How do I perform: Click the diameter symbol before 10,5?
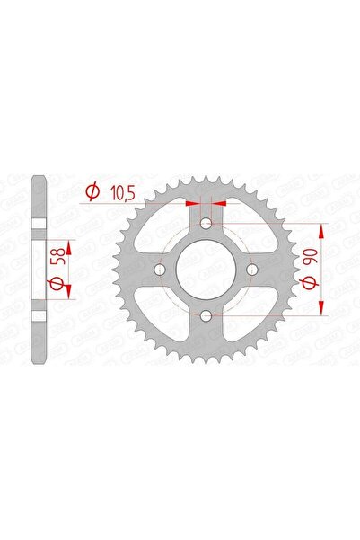[91, 190]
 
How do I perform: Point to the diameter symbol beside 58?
[57, 285]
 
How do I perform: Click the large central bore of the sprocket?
[206, 270]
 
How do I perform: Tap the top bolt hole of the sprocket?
[206, 223]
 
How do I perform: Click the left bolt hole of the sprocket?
[160, 270]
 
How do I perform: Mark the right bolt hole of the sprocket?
[253, 270]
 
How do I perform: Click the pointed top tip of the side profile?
[37, 177]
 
